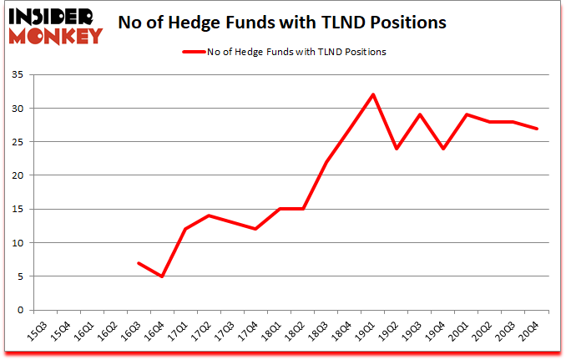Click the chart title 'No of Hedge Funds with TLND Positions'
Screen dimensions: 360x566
coord(283,23)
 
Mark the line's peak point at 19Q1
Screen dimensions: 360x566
coord(373,94)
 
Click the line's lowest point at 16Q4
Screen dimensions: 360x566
coord(162,276)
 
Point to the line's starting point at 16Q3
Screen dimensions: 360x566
coord(139,263)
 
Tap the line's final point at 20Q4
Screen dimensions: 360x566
coord(536,129)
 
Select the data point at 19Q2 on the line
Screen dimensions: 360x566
coord(397,149)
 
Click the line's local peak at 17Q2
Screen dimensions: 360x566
coord(209,215)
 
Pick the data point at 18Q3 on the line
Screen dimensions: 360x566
coord(326,162)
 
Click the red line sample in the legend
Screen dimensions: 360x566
coord(195,52)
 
